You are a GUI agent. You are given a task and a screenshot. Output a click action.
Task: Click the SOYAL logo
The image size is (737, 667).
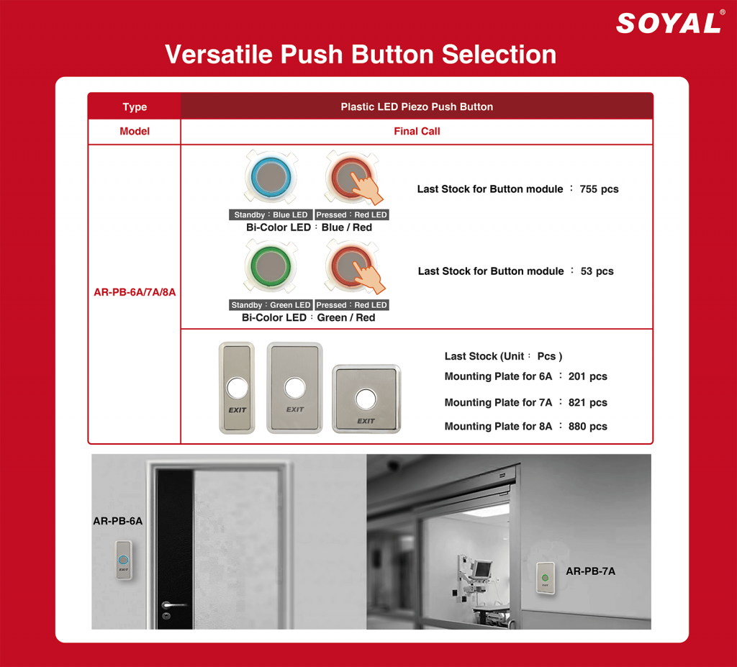click(x=669, y=22)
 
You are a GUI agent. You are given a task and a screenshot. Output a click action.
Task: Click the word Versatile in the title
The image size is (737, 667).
click(x=219, y=54)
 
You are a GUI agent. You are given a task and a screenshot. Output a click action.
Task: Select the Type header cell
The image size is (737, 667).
click(x=135, y=106)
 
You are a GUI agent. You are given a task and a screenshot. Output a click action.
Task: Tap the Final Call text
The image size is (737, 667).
click(x=417, y=131)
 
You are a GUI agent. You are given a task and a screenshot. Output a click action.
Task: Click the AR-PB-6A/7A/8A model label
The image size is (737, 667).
click(x=135, y=292)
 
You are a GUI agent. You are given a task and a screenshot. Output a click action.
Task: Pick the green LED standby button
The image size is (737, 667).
click(x=271, y=266)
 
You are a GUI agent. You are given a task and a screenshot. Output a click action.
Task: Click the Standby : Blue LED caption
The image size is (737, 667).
click(x=271, y=215)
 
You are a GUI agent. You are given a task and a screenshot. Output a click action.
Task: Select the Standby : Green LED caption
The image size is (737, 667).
click(x=271, y=305)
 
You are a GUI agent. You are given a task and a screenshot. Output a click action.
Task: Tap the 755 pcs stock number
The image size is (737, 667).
click(x=599, y=189)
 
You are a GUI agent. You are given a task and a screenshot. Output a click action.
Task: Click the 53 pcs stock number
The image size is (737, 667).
click(x=597, y=271)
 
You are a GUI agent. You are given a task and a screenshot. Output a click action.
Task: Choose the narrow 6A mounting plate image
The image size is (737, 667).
click(x=237, y=388)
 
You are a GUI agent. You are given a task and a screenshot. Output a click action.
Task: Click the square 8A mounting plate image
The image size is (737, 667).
click(x=366, y=399)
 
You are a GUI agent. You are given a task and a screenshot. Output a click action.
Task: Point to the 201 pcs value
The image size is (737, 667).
click(x=587, y=376)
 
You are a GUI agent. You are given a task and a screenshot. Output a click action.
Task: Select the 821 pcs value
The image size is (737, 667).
click(x=587, y=402)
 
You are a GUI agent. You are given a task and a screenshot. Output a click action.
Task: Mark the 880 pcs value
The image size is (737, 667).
click(x=587, y=427)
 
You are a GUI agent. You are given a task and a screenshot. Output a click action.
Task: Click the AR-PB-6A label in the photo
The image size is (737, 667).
click(x=117, y=521)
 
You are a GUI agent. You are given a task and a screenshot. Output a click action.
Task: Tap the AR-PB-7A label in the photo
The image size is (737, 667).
click(x=590, y=571)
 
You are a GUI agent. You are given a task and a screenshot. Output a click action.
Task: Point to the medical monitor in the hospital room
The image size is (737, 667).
click(x=481, y=569)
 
